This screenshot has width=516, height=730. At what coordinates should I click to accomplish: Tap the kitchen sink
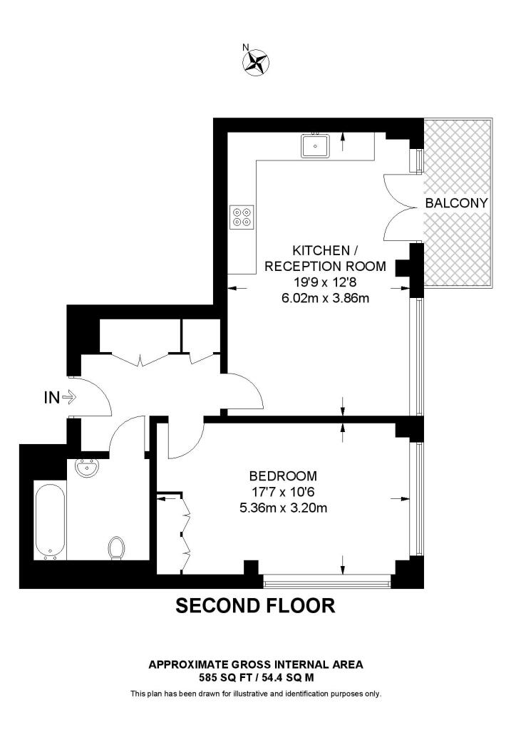pyautogui.click(x=314, y=145)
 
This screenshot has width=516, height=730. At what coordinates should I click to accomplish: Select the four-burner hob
pyautogui.click(x=242, y=216)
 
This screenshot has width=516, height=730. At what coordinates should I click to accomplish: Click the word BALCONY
pyautogui.click(x=456, y=203)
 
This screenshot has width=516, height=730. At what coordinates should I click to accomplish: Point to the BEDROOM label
pyautogui.click(x=283, y=476)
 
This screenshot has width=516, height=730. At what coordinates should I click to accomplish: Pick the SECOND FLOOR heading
pyautogui.click(x=255, y=606)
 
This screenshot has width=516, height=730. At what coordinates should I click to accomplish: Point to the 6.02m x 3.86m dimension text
pyautogui.click(x=326, y=298)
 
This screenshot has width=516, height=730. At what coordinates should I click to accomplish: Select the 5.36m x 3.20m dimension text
pyautogui.click(x=283, y=508)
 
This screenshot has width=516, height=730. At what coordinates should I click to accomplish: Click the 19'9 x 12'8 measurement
pyautogui.click(x=326, y=282)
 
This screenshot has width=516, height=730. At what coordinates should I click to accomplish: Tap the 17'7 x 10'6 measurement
pyautogui.click(x=283, y=493)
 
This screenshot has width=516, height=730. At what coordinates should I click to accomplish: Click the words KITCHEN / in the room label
pyautogui.click(x=321, y=250)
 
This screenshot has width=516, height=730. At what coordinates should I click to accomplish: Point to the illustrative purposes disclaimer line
pyautogui.click(x=255, y=694)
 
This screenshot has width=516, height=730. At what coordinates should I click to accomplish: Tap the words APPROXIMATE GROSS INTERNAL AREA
pyautogui.click(x=255, y=664)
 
